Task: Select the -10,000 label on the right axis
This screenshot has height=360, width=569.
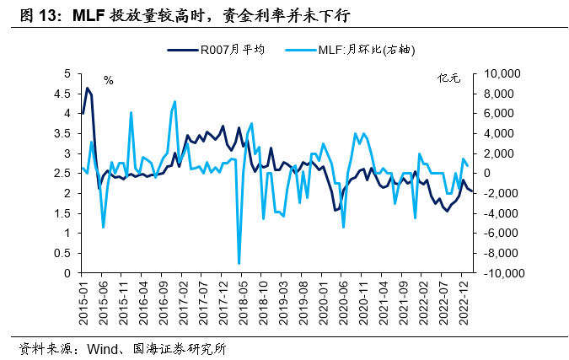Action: point(502,273)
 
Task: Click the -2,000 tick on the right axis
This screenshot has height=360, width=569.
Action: point(503,193)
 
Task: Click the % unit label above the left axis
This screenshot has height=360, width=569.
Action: point(108,80)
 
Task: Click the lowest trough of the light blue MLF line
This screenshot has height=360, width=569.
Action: point(239,264)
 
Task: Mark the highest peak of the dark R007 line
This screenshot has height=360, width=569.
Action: point(88,88)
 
